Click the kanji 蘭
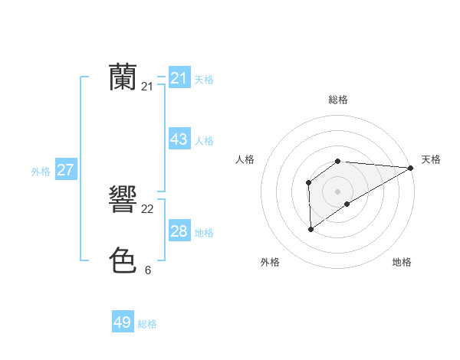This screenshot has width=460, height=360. pos(123,77)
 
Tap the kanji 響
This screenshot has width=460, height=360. pos(123,201)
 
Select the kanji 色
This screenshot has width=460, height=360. pos(123,260)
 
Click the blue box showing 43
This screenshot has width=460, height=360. pos(179,140)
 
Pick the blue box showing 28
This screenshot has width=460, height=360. pos(179,232)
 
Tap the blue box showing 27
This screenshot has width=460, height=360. pos(65,170)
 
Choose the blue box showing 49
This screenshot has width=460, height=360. pos(122,322)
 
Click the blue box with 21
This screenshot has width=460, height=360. pos(179,78)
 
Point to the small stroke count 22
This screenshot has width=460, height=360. pos(148,210)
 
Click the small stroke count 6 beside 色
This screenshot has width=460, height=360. pos(148,270)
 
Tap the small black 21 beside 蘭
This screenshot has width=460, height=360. pos(148,87)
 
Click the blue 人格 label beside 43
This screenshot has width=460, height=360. pos(204,141)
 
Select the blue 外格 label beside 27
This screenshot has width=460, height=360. pos(41,172)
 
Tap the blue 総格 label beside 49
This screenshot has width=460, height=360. pos(147,324)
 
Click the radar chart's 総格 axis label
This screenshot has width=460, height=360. pos(337,100)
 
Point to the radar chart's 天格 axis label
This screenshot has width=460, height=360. pos(431,159)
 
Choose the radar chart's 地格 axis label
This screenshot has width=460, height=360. pos(402,262)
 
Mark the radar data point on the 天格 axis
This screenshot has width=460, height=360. pos(410,168)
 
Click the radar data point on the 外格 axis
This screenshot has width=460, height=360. pos(310,228)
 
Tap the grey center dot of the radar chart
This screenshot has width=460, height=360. pos(337,191)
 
